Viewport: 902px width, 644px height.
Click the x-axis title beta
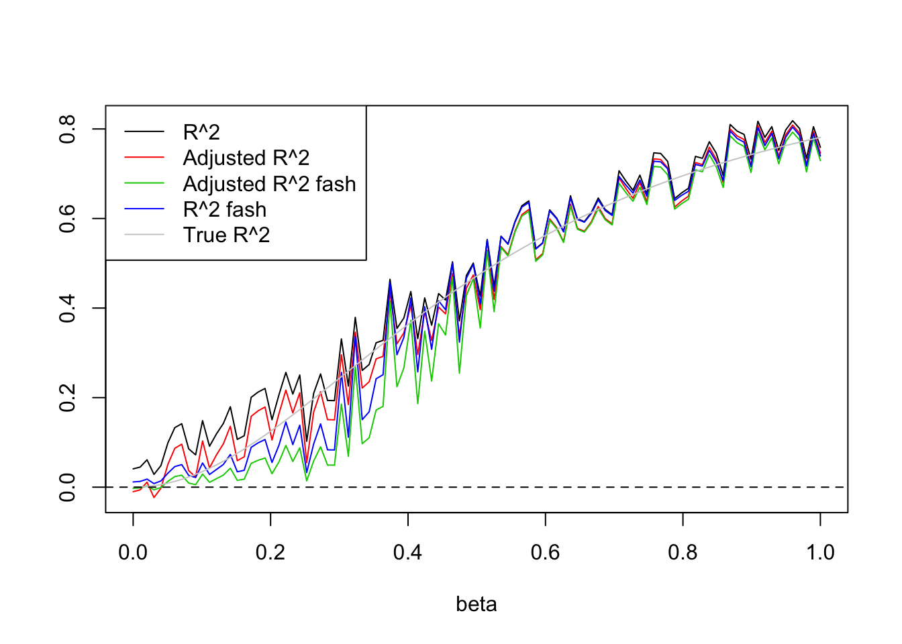tap(477, 604)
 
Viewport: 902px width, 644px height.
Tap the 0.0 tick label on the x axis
tap(133, 553)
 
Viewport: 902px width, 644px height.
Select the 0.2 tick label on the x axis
tap(270, 553)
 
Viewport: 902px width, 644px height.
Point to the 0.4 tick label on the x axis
tap(408, 553)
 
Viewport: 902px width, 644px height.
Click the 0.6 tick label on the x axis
tap(546, 553)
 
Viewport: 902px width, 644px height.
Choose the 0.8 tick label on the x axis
tap(683, 553)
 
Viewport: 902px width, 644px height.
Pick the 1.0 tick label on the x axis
tap(820, 553)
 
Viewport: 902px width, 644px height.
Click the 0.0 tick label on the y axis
tap(68, 487)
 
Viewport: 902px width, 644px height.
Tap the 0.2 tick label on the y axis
tap(68, 398)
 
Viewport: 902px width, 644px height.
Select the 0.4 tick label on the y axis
tap(68, 308)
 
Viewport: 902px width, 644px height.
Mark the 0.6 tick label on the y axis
tap(68, 219)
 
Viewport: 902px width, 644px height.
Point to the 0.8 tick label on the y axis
tap(68, 129)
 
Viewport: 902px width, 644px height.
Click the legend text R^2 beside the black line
tap(201, 132)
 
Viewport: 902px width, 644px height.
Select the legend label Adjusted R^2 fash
tap(269, 184)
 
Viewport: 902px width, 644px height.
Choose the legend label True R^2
tap(226, 235)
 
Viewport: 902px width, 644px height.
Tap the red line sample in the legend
tap(144, 158)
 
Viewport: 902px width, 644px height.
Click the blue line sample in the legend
tap(144, 209)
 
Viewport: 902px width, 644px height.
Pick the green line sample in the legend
tap(144, 184)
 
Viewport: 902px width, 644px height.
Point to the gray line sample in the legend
tap(144, 235)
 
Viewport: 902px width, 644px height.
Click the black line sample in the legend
tap(144, 132)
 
